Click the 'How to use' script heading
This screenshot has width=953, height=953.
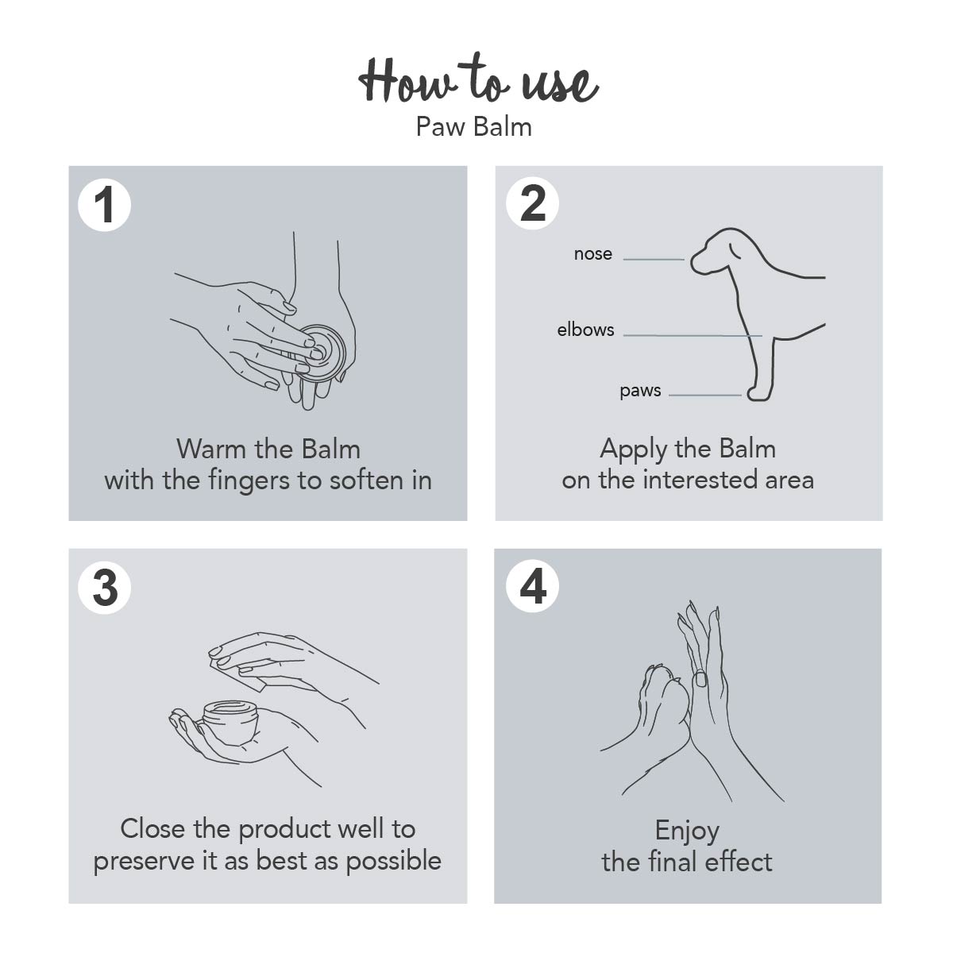[478, 79]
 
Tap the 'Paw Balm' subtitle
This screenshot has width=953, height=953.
[474, 127]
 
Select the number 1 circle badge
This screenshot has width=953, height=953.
[104, 205]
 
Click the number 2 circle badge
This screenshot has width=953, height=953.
[532, 203]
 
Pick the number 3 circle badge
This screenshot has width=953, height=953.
[104, 588]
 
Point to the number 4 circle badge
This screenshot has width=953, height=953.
[532, 586]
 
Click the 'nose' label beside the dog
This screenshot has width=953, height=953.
[593, 254]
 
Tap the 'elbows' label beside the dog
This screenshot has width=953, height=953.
[585, 330]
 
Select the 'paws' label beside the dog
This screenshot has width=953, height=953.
[640, 392]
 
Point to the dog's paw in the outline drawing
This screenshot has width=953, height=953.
[759, 393]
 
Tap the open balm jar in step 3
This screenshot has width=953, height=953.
[231, 720]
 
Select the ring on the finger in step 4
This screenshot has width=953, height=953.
[700, 677]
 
